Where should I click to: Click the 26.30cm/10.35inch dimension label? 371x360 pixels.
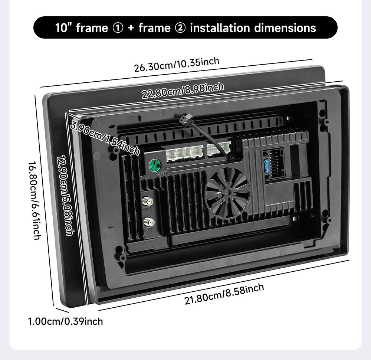(x=177, y=65)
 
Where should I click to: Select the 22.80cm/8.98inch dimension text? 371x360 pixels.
(x=183, y=91)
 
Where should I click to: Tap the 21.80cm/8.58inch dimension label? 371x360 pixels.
(x=224, y=294)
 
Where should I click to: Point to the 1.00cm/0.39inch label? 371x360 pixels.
(x=66, y=321)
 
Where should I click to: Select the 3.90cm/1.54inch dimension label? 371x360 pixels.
(x=105, y=138)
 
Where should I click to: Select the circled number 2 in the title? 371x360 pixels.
(x=180, y=28)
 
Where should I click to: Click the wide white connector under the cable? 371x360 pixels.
(x=219, y=149)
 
